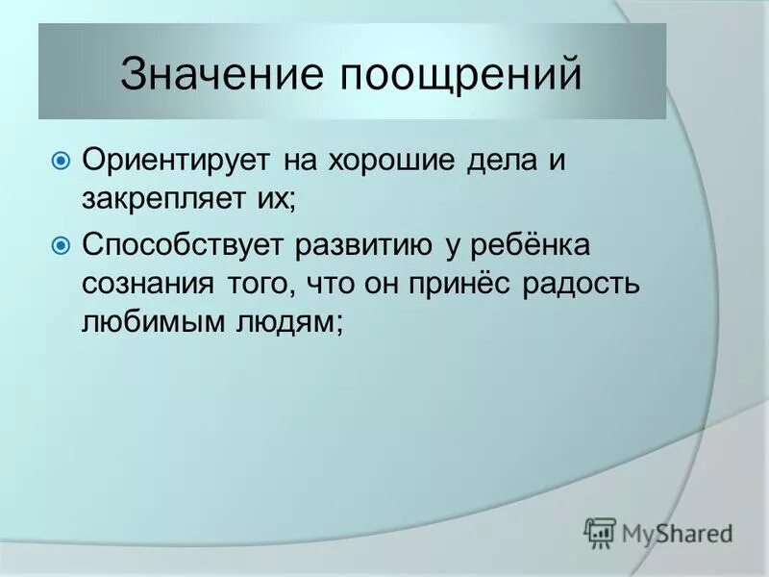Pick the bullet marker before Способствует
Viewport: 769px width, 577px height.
click(x=61, y=245)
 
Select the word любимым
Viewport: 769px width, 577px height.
click(x=143, y=325)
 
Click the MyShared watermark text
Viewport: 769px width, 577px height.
click(x=677, y=531)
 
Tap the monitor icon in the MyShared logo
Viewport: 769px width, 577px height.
click(x=600, y=531)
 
